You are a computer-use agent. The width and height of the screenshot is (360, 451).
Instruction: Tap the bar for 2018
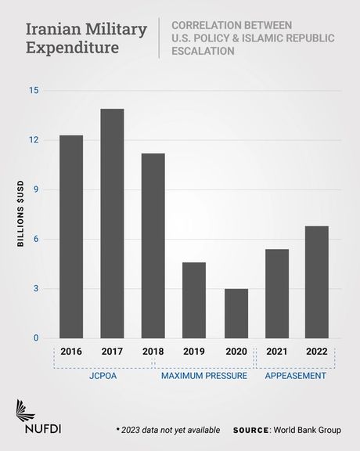(153, 246)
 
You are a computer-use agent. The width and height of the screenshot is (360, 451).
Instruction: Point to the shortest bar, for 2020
(236, 313)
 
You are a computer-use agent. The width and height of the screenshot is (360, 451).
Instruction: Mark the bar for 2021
(276, 294)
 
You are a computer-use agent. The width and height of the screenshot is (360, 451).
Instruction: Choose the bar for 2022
(317, 282)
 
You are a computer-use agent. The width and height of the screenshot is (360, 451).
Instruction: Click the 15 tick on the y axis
(34, 90)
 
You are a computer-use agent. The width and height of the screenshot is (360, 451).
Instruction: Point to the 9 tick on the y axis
(36, 189)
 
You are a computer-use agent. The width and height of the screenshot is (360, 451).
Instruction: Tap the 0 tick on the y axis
(36, 338)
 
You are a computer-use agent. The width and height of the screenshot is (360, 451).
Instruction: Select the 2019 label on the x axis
(194, 352)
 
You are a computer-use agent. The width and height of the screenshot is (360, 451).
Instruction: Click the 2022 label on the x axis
(317, 352)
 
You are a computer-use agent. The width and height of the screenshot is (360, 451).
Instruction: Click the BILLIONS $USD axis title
(21, 215)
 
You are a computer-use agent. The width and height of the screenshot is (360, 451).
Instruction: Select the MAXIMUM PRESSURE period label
(204, 377)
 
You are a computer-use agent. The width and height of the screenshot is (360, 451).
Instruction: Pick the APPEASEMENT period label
(296, 377)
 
